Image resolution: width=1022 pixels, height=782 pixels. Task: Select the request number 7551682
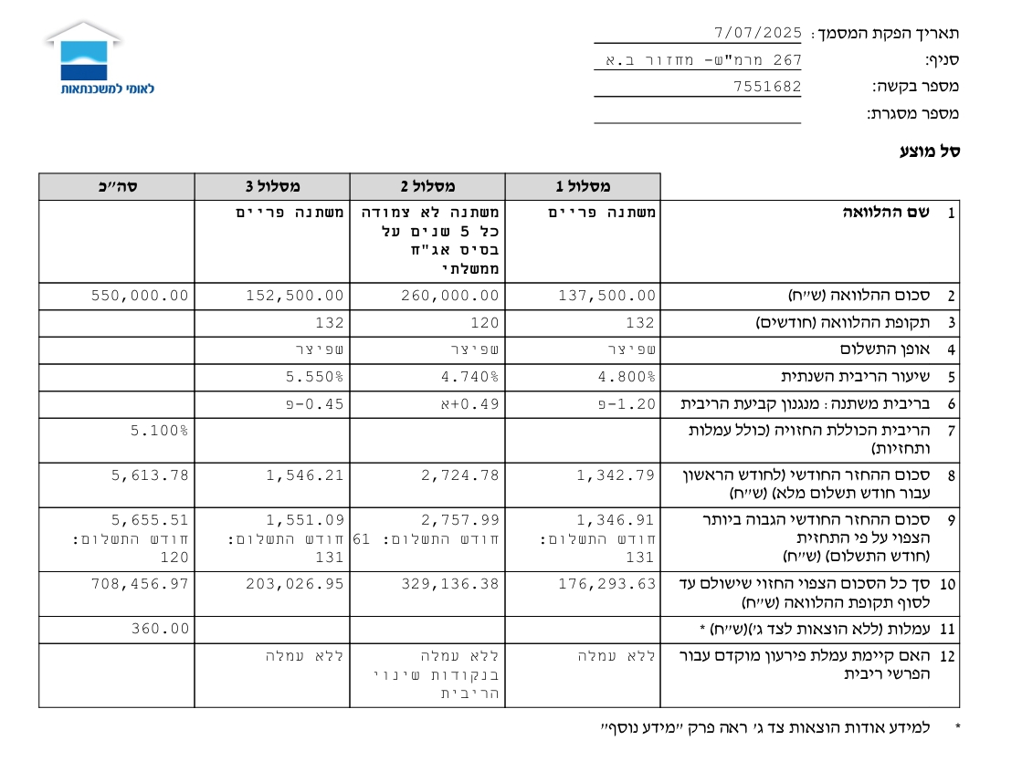tap(767, 87)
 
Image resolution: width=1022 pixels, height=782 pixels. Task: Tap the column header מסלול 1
tap(583, 187)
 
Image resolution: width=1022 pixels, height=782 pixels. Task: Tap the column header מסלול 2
tap(427, 187)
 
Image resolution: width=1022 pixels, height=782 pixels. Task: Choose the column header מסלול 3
tap(272, 187)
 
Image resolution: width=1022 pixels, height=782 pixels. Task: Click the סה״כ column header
tap(117, 187)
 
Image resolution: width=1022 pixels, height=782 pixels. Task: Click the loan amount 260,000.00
tap(450, 296)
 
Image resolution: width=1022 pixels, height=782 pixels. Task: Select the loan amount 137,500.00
tap(606, 296)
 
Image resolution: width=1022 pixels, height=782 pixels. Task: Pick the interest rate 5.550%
tap(316, 376)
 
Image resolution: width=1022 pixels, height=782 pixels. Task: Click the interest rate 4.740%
tap(471, 376)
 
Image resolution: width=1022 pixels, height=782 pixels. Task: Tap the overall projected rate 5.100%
tap(161, 430)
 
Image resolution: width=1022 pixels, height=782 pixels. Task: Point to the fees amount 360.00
tap(161, 629)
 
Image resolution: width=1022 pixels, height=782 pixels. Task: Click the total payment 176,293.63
tap(606, 582)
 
